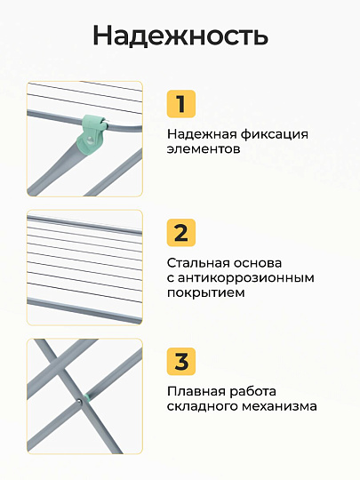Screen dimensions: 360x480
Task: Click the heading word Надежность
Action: click(180, 36)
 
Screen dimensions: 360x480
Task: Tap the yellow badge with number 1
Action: click(181, 104)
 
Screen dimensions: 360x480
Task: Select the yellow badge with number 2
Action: click(181, 233)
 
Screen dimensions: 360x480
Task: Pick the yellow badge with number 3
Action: click(181, 361)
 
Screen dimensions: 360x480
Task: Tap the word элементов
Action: click(204, 149)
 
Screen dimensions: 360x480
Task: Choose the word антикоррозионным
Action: click(246, 278)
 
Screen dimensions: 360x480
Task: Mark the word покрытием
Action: click(206, 293)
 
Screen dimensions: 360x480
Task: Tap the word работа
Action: click(252, 391)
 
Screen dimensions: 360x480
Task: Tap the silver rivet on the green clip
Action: click(90, 140)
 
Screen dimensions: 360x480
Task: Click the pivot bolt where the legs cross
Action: click(79, 400)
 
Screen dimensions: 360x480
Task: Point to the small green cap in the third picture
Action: click(86, 397)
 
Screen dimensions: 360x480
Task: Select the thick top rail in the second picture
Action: click(84, 225)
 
